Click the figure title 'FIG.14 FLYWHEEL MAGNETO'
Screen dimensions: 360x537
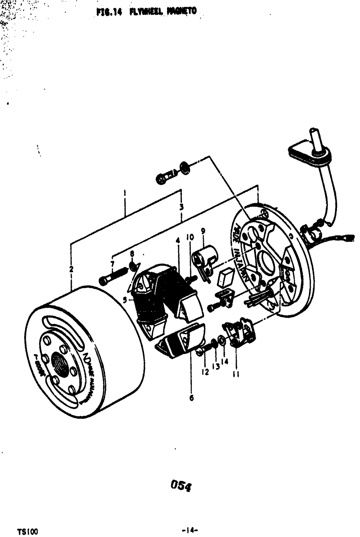click(147, 12)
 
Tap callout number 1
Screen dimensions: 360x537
click(124, 193)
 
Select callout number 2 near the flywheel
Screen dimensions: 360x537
click(71, 269)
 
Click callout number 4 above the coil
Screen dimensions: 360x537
click(177, 240)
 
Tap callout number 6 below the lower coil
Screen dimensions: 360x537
click(192, 398)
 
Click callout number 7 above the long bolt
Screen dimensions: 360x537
click(113, 265)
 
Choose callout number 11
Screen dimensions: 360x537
click(236, 375)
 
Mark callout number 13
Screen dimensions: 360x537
click(216, 366)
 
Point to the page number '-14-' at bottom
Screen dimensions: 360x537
click(191, 530)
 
